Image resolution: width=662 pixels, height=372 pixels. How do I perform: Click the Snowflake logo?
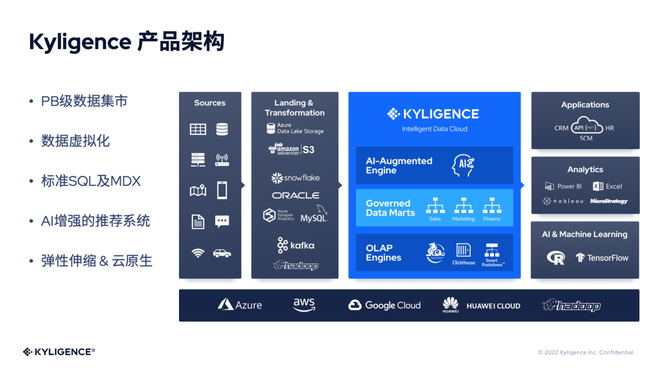tap(295, 178)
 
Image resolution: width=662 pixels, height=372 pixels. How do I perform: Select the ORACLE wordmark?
tap(295, 195)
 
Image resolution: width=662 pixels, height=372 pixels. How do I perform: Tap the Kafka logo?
tap(295, 245)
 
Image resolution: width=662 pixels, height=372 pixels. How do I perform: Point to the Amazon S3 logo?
tap(292, 149)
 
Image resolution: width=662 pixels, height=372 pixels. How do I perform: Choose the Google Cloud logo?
tap(384, 305)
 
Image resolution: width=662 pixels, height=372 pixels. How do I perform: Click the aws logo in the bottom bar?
tap(303, 305)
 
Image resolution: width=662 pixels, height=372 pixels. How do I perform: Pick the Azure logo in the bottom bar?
tap(240, 305)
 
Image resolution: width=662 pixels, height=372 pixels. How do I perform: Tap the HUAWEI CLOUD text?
tap(493, 306)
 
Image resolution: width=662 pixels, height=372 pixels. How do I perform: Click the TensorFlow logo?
tap(602, 258)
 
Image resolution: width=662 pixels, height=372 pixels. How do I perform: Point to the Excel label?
tap(614, 186)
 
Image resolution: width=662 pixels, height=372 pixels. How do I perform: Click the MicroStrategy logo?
tap(609, 201)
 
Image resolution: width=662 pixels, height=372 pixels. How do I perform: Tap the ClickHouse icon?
tap(463, 251)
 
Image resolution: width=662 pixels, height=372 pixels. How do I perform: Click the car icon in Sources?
tap(222, 252)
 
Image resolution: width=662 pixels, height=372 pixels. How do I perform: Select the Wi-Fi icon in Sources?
tap(197, 252)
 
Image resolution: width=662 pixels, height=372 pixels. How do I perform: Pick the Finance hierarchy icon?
tap(492, 206)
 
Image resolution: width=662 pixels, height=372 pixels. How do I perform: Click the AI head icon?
tap(463, 165)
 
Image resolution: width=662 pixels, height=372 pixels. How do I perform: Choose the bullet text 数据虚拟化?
tap(75, 141)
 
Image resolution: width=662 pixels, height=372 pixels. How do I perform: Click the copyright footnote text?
tap(586, 352)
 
